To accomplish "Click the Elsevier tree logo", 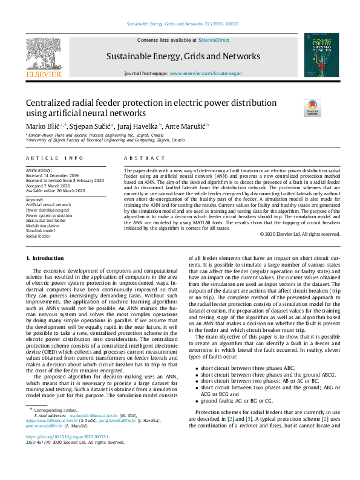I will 44,54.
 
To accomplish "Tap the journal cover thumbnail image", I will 317,55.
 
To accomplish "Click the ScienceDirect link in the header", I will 214,39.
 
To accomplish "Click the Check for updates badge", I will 313,108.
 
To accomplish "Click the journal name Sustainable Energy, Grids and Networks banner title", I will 183,57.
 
